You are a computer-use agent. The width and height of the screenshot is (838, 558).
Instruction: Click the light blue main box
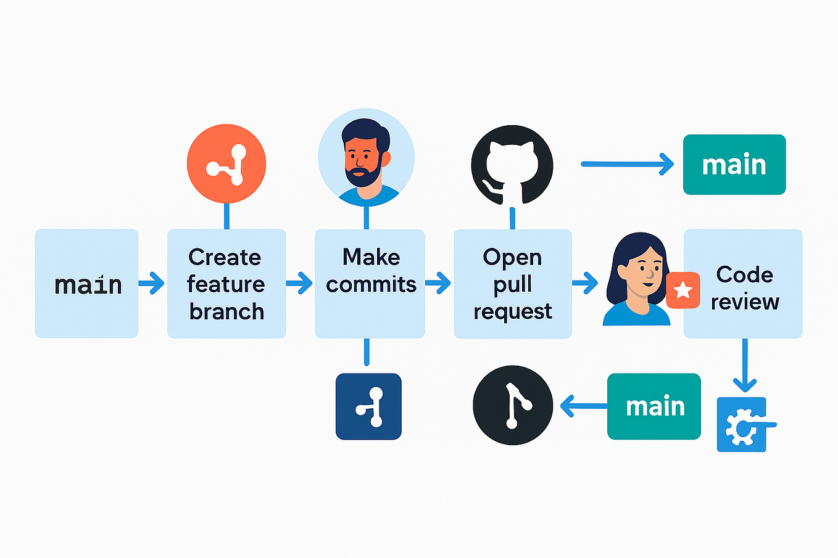coord(86,284)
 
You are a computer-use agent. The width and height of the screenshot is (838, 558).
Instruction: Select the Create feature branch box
coord(226,284)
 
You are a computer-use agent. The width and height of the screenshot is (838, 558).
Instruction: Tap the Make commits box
coord(370,284)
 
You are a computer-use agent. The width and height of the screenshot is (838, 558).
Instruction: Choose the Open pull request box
coord(513,284)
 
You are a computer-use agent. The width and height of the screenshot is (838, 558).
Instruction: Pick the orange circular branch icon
coord(226,164)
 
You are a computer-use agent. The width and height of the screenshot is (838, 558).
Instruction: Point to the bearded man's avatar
coord(366,157)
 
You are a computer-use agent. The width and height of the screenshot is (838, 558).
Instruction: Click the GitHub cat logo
coord(512,165)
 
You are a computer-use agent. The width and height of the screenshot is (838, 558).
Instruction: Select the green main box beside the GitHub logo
coord(734,165)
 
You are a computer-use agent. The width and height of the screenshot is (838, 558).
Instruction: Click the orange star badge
coord(683,290)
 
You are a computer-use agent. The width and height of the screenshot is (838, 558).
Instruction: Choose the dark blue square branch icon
coord(368,406)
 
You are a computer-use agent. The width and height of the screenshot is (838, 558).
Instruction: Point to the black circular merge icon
coord(513,405)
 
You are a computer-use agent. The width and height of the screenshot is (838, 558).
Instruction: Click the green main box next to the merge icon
coord(654,406)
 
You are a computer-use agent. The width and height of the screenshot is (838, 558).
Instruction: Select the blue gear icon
coord(742,425)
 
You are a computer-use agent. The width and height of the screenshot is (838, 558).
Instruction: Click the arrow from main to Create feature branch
coord(152,284)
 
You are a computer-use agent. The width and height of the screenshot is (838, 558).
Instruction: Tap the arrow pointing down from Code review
coord(745,367)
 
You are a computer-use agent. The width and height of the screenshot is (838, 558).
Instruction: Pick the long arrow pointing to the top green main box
coord(627,164)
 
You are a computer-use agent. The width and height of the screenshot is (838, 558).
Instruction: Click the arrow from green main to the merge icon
coord(583,406)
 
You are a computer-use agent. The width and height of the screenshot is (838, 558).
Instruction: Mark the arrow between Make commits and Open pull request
coord(438,284)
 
